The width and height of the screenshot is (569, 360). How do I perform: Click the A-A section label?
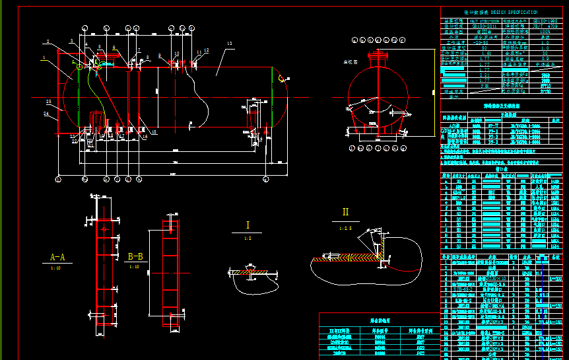coord(57,257)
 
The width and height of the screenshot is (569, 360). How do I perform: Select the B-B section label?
coord(135,256)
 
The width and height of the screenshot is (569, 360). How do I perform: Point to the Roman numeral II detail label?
coord(345,213)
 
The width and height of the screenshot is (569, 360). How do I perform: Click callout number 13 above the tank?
coord(229,44)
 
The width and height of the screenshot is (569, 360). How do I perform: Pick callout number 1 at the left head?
coord(44,58)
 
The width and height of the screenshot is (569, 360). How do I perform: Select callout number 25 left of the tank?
coord(48,101)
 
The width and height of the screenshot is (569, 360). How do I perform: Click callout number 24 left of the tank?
coord(46,114)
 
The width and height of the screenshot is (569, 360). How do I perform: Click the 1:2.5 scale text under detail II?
coord(345,228)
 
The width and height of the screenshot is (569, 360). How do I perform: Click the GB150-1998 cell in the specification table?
coord(545,20)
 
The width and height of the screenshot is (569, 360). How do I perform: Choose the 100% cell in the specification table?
coord(545,31)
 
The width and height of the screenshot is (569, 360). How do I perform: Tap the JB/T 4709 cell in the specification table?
coord(545,26)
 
